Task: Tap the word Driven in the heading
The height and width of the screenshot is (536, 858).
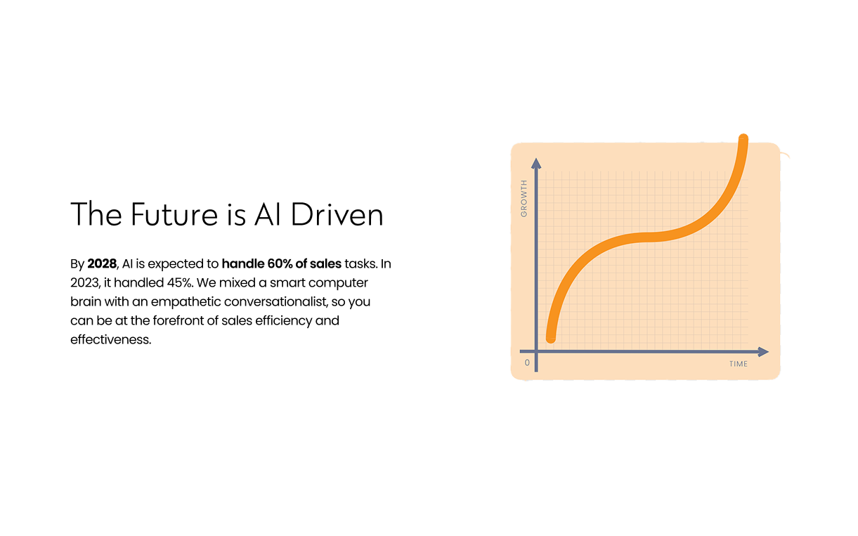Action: click(x=337, y=214)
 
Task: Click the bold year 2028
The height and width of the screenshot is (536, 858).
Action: click(x=102, y=264)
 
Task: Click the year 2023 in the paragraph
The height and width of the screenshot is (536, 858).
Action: click(x=85, y=283)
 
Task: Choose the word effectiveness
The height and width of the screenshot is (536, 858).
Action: click(x=110, y=340)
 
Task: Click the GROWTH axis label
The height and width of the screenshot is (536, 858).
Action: click(x=524, y=199)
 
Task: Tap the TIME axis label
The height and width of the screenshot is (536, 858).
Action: click(x=739, y=364)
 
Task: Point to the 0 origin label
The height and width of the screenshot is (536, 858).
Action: click(x=527, y=363)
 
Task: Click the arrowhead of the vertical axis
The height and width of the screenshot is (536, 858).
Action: click(x=536, y=163)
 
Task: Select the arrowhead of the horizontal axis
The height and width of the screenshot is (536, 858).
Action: click(x=763, y=351)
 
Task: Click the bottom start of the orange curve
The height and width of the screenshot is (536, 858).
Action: click(x=551, y=338)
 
